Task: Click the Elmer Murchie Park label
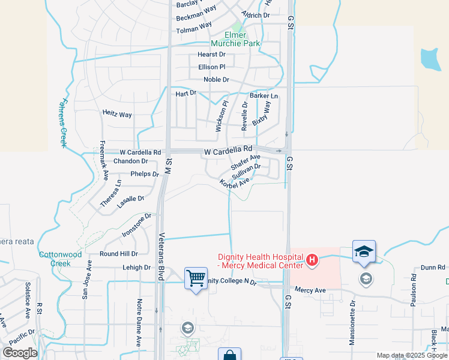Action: pos(235,40)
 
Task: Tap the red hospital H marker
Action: pos(312,260)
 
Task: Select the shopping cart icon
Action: pos(196,278)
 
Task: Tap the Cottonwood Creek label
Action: pos(60,259)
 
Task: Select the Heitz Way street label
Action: pos(117,114)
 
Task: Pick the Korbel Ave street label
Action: pos(234,183)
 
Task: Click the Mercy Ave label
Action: pos(310,290)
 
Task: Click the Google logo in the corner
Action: pos(20,352)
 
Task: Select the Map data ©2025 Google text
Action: pos(412,355)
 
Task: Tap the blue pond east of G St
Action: pos(430,58)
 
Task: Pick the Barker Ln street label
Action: pos(264,96)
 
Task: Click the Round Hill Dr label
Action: pos(118,254)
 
